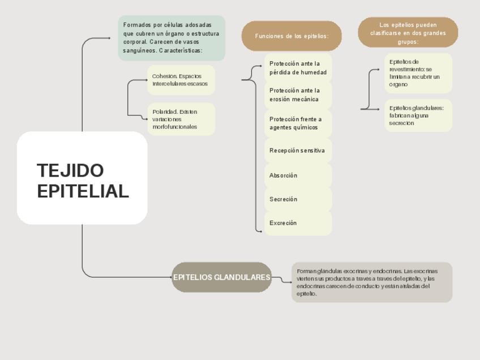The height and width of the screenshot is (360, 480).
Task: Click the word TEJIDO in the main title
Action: point(70,170)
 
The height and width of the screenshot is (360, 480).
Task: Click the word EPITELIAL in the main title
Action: point(83,191)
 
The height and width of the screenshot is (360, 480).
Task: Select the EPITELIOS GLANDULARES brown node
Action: point(222,277)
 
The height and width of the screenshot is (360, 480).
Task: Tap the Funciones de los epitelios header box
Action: point(292,36)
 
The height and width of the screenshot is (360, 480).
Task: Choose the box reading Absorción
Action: point(298,175)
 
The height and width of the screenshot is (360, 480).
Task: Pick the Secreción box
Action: point(298,199)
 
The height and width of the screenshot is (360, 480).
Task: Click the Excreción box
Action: point(298,223)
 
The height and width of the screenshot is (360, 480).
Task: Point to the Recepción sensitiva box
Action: point(298,151)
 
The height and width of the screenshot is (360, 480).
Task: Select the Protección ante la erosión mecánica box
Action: point(298,95)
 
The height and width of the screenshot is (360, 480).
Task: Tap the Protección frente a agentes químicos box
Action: point(298,123)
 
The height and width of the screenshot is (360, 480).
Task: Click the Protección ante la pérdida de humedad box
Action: point(298,68)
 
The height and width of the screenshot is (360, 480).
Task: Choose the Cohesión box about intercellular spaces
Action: point(181,80)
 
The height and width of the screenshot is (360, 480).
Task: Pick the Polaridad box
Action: point(181,119)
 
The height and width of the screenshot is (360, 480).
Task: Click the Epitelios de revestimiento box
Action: point(418,73)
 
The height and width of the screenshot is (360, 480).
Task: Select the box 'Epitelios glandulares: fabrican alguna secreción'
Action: point(418,115)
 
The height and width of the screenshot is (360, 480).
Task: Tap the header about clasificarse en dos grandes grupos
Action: point(408,33)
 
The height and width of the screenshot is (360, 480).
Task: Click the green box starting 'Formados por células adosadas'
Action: point(172,38)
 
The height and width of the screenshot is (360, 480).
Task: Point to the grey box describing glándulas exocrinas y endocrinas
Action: point(372,282)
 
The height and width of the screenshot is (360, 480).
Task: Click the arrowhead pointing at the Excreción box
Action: point(261,231)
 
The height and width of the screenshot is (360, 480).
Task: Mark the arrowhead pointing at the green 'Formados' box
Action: point(109,38)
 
